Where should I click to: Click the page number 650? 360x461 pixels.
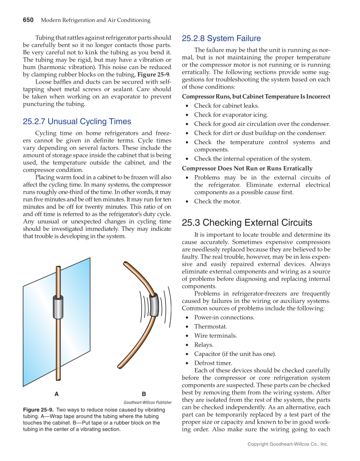28,20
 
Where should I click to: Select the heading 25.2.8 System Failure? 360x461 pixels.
221,39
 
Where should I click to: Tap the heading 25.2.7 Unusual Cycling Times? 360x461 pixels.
77,122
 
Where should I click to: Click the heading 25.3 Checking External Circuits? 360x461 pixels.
247,223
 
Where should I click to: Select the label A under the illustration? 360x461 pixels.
57,394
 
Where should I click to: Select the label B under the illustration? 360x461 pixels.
144,394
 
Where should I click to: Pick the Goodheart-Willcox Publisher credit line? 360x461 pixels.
148,402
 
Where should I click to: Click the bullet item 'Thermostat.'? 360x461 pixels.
210,327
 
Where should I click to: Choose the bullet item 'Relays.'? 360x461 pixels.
204,345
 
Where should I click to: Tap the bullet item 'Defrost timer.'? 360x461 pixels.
213,363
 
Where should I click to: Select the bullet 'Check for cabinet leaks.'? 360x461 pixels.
226,106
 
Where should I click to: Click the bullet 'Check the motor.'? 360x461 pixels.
217,201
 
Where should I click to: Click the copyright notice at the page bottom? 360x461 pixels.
288,444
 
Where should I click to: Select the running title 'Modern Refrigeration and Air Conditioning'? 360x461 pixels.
95,20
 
